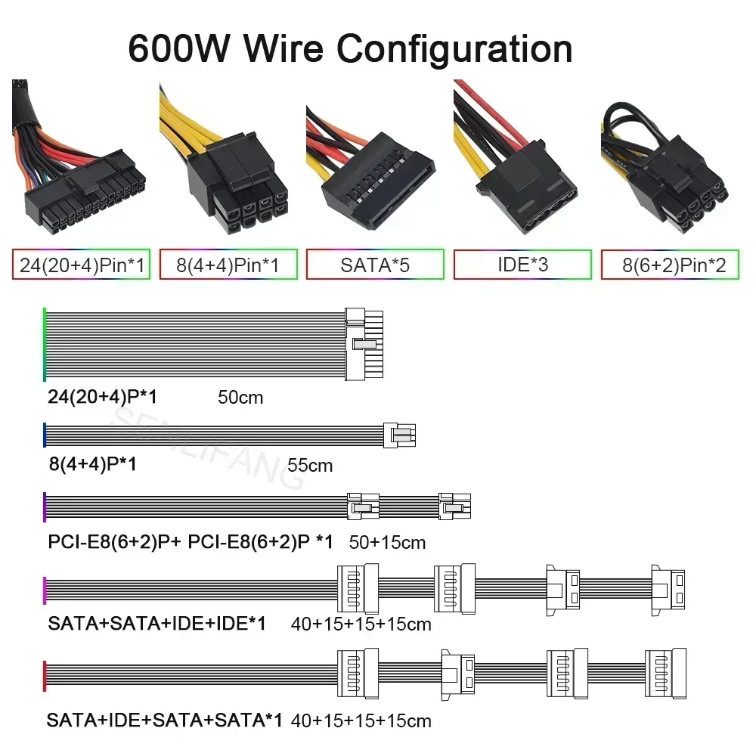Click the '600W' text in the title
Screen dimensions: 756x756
tap(179, 48)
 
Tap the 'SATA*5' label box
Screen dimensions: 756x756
tap(375, 264)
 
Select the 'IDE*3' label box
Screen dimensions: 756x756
tap(522, 264)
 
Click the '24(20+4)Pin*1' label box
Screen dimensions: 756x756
tap(81, 264)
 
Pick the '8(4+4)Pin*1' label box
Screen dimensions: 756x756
tap(228, 264)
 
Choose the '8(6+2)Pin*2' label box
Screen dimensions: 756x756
tap(670, 264)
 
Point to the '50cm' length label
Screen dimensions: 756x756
tap(240, 398)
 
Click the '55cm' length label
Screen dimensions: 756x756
tap(310, 465)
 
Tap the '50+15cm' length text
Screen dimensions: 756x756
tap(387, 542)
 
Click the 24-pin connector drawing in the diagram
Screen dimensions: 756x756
tap(364, 344)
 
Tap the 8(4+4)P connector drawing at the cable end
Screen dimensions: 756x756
tap(400, 435)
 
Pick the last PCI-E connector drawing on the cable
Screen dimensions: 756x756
tap(454, 506)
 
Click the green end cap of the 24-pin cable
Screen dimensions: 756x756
tap(45, 344)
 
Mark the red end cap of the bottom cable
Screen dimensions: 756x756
tap(45, 676)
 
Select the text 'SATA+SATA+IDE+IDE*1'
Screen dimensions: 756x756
tap(156, 624)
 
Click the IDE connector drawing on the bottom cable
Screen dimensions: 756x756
tap(458, 674)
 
